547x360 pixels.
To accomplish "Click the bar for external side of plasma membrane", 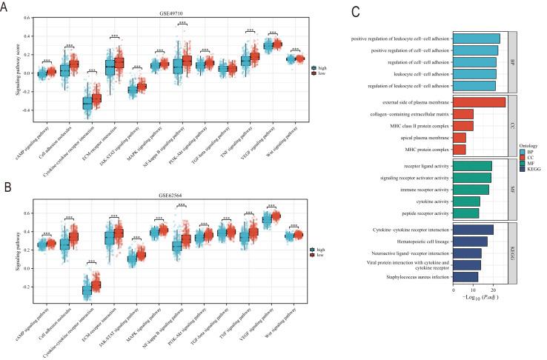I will [479, 101].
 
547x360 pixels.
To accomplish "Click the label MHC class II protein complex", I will [422, 125].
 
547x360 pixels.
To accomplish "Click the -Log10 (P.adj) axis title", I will [479, 298].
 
